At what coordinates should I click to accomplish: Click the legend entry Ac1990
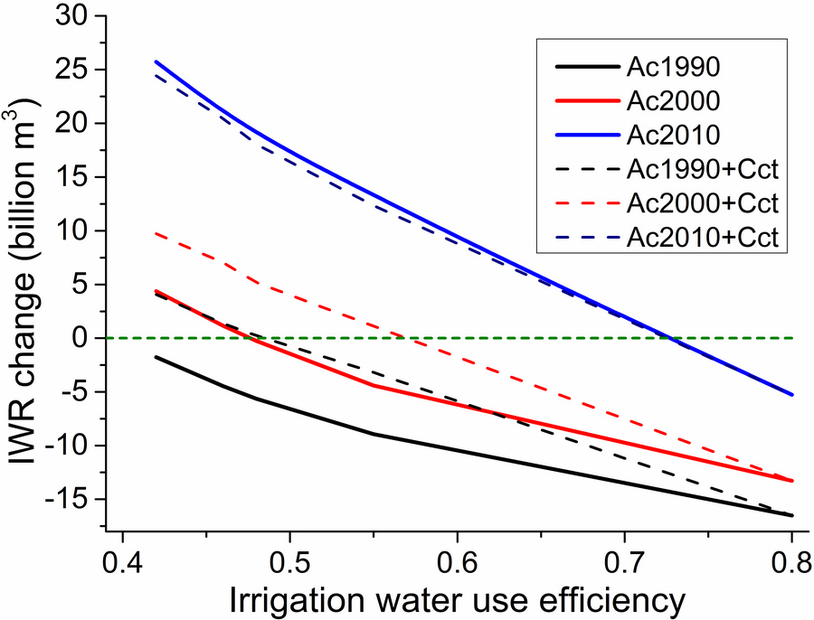point(670,68)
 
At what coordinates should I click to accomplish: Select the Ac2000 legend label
point(670,101)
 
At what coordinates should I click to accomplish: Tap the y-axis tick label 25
point(72,70)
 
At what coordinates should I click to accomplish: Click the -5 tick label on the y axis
point(72,392)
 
